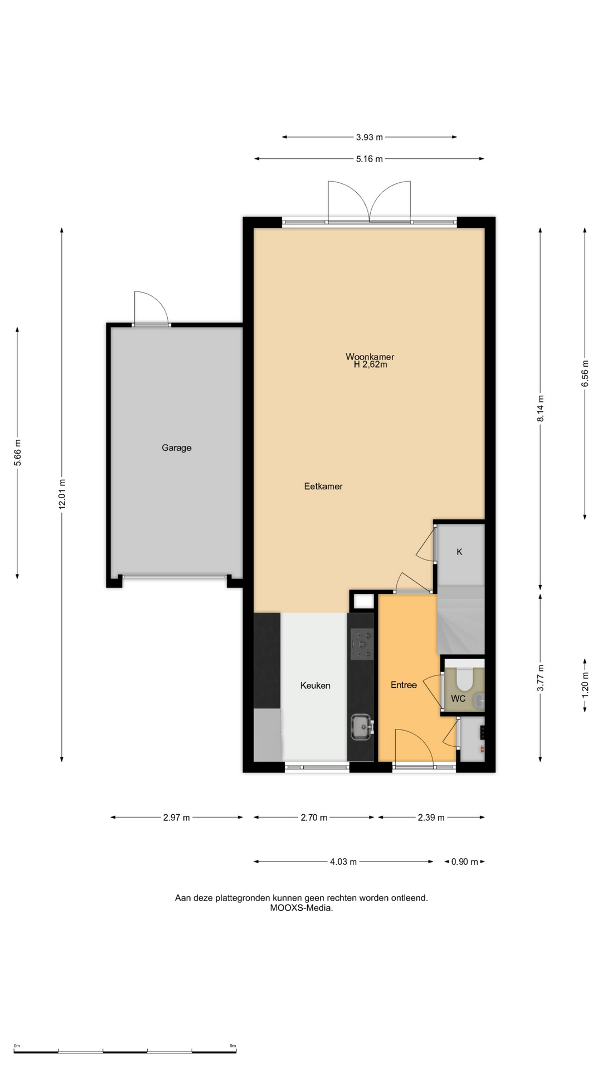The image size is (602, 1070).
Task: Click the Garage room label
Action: (177, 448)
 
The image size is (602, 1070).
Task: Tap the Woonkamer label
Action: (370, 357)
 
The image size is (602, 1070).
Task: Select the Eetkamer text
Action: (323, 486)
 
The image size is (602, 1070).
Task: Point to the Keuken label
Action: (315, 685)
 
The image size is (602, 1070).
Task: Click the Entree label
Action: (404, 685)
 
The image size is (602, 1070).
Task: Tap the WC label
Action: (458, 698)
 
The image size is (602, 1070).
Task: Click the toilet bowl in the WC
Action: (464, 678)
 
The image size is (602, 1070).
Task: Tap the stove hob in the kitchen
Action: (362, 644)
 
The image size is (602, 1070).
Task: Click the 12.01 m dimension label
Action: (62, 494)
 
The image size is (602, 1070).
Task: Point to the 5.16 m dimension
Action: (370, 159)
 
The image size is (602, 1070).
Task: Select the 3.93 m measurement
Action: (370, 137)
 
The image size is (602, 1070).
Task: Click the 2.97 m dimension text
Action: (177, 818)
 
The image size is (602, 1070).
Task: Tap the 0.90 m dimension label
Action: (465, 862)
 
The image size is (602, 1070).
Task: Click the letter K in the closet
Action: (460, 552)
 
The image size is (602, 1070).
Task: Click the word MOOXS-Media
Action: (302, 908)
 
